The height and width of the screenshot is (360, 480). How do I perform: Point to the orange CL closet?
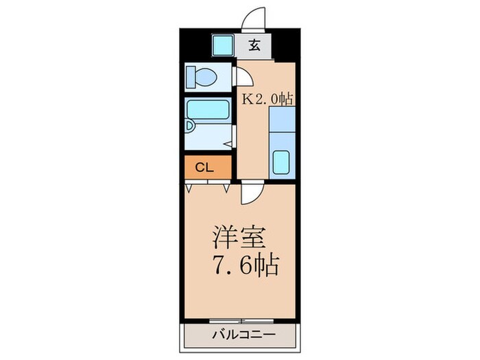[208, 167]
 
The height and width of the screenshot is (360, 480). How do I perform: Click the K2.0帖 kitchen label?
[267, 98]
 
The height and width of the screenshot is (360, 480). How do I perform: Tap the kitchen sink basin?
[282, 163]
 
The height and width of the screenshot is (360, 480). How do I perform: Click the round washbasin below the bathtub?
[190, 127]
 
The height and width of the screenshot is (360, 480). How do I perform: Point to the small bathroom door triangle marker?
[228, 144]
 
